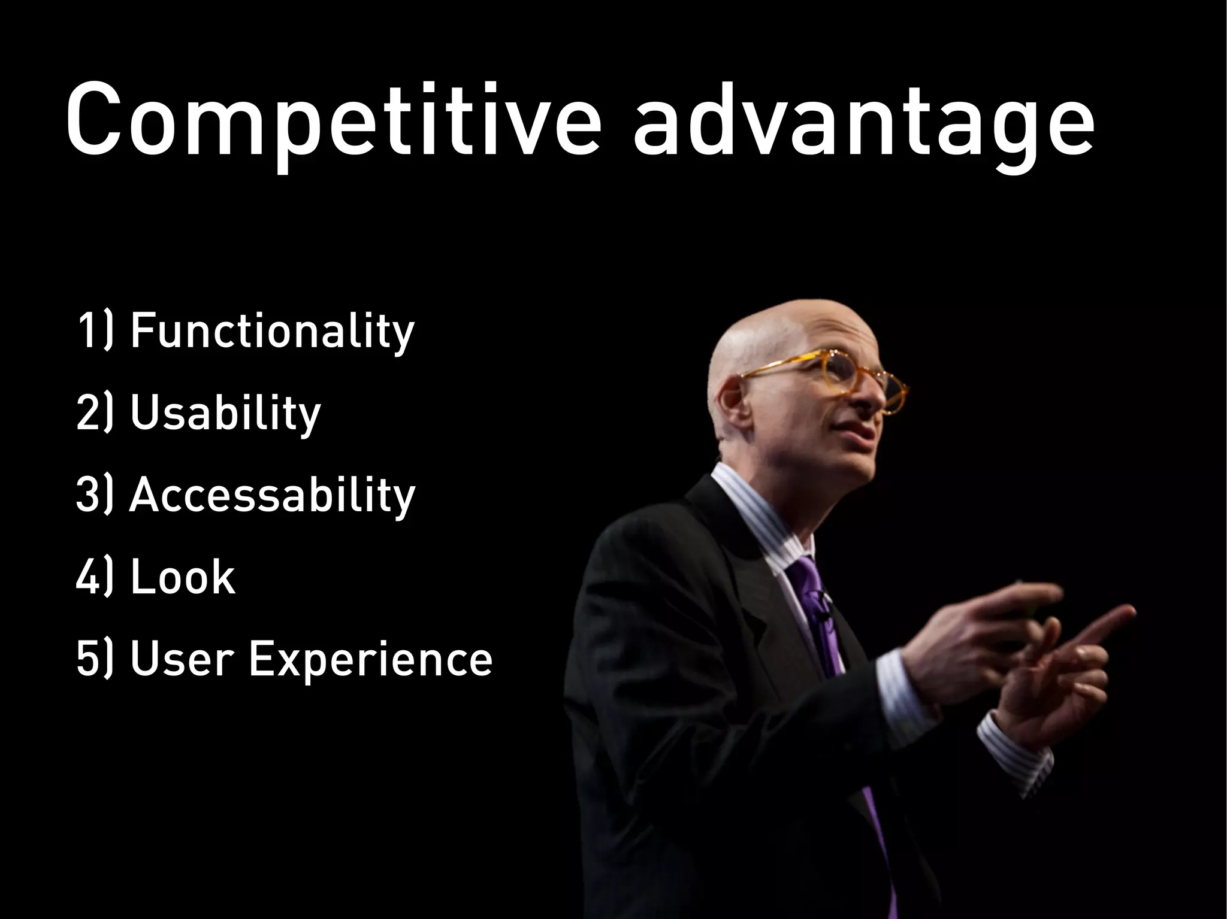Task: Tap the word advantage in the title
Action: tap(863, 123)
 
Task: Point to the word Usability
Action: tap(225, 413)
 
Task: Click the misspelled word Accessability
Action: tap(273, 495)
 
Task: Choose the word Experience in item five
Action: tap(370, 660)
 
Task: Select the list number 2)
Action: tap(95, 413)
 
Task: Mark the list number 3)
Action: tap(95, 495)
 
